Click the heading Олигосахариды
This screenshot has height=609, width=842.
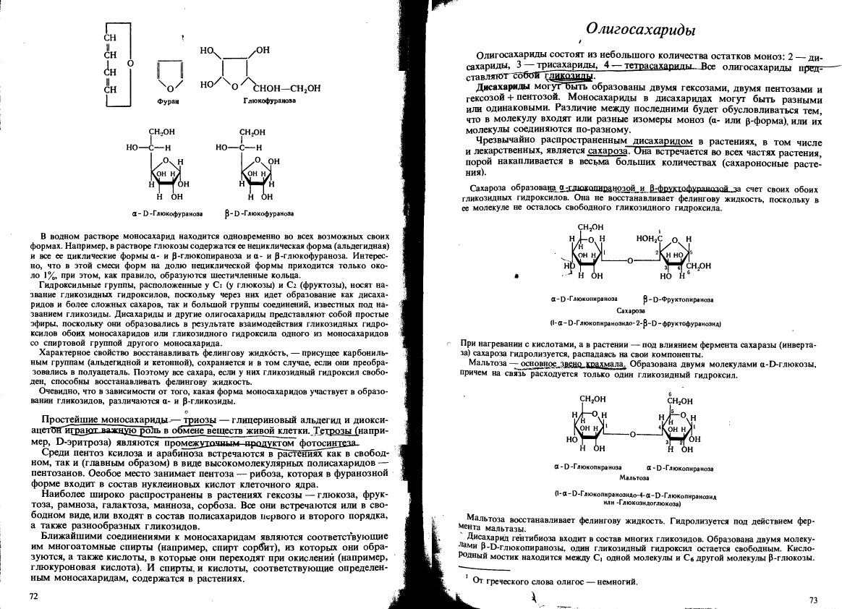[x=640, y=30]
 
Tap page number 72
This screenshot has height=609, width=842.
[x=33, y=596]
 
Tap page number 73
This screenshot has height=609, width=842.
[x=812, y=600]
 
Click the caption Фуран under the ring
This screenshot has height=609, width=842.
[x=167, y=103]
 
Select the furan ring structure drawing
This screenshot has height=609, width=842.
[x=168, y=76]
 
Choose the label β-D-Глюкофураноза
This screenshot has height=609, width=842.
[x=259, y=214]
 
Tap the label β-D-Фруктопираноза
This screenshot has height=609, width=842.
[x=678, y=299]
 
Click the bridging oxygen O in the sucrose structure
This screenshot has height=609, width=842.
[x=629, y=260]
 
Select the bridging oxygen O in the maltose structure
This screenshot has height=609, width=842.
[x=633, y=435]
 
